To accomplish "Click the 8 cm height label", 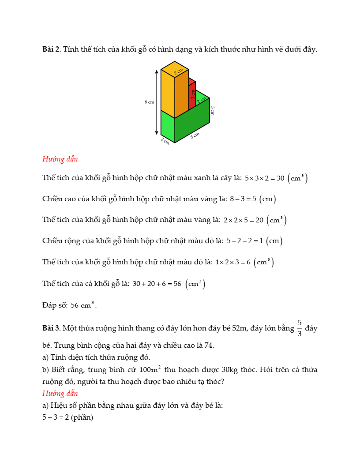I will [x=150, y=102].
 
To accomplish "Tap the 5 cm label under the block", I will [x=195, y=135].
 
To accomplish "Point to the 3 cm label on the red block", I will [x=193, y=94].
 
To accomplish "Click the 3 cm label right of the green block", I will [x=212, y=111].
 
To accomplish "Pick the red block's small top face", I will [x=192, y=81].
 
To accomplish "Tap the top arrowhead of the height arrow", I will [x=156, y=71].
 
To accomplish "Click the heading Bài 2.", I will [x=51, y=49].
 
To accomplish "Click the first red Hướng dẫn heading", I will [x=60, y=159].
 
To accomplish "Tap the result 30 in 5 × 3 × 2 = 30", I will [x=280, y=178].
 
